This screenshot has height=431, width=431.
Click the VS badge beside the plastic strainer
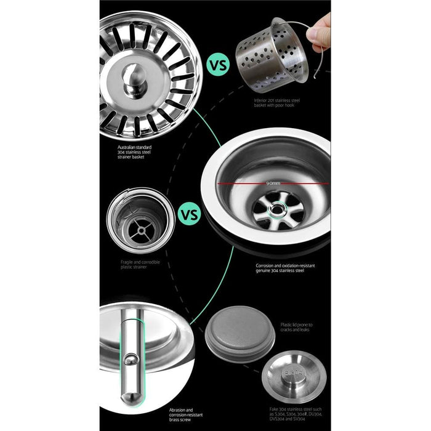pos(188,216)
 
